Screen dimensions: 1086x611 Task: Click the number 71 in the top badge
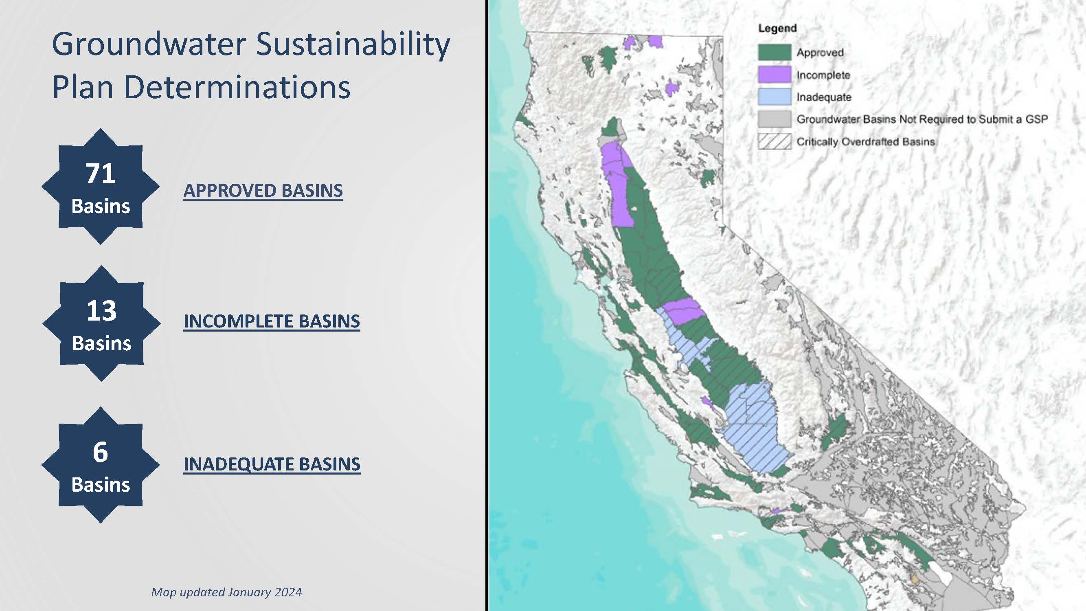coord(100,173)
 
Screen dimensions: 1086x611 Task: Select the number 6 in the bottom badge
coord(100,452)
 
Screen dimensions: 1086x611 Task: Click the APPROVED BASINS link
coord(263,191)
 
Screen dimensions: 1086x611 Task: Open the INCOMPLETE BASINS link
coord(272,321)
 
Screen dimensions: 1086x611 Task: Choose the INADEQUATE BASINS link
coord(272,464)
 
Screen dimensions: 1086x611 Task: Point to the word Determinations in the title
coord(237,87)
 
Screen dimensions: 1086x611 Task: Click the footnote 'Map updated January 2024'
coord(226,592)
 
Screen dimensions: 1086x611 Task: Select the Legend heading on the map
coord(777,29)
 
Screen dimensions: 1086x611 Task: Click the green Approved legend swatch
coord(774,52)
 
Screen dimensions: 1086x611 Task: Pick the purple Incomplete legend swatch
coord(774,75)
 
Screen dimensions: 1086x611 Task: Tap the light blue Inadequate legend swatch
coord(774,97)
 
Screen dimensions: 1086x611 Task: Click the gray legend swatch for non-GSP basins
coord(774,119)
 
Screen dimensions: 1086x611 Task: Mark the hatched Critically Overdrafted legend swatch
coord(774,142)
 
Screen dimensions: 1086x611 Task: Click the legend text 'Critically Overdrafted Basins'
coord(866,142)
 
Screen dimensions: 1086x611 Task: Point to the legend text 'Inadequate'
coord(824,97)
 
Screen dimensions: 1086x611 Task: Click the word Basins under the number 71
coord(101,206)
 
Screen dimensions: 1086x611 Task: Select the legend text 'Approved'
coord(820,53)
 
